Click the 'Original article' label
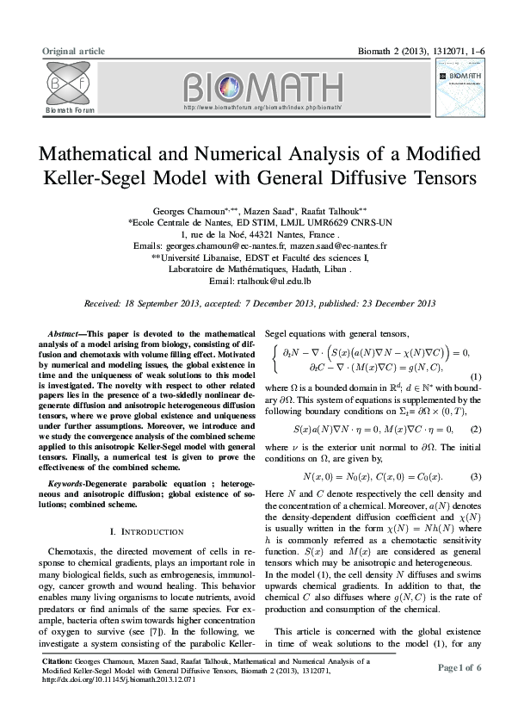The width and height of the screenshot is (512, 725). pos(73,52)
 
